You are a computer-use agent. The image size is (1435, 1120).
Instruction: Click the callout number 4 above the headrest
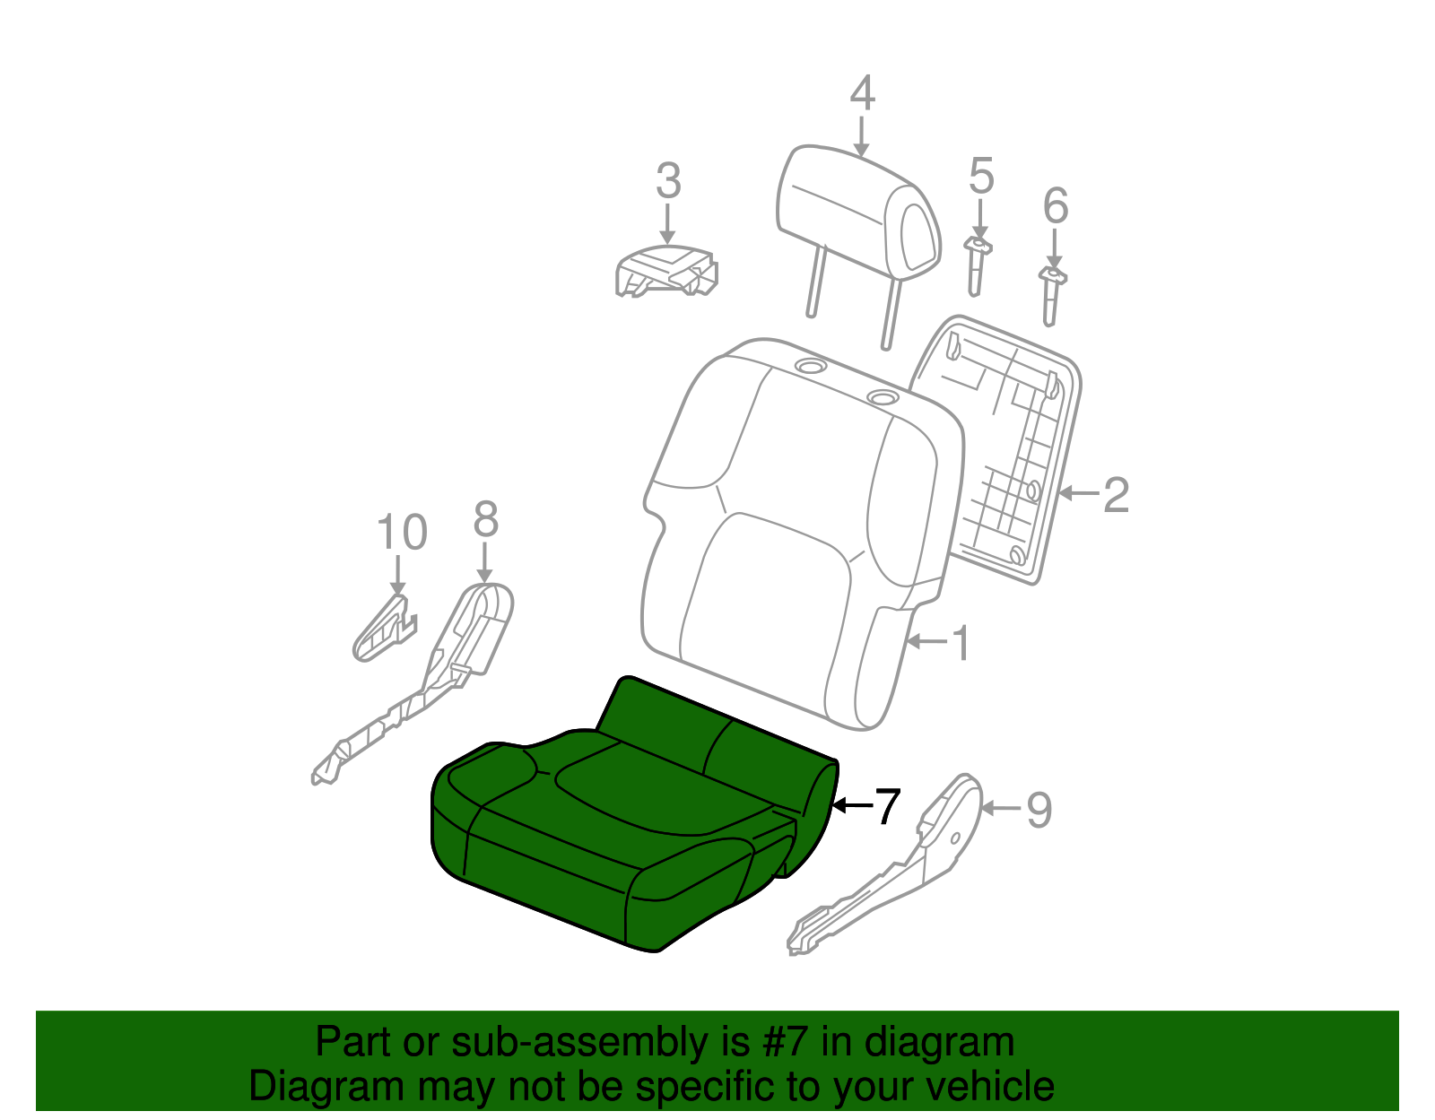pyautogui.click(x=861, y=94)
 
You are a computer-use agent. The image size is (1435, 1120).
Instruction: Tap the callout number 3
pyautogui.click(x=668, y=181)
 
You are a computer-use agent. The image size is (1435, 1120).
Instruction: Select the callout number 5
pyautogui.click(x=981, y=176)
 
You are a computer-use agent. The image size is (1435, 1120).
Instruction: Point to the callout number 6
pyautogui.click(x=1056, y=206)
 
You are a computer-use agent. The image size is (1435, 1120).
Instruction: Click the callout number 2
pyautogui.click(x=1115, y=494)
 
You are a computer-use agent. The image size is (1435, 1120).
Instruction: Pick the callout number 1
pyautogui.click(x=961, y=643)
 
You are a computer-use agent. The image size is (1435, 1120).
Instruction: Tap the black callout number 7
pyautogui.click(x=886, y=806)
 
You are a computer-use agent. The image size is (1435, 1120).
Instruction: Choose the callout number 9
pyautogui.click(x=1039, y=810)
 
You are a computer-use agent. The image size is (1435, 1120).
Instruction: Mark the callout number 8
pyautogui.click(x=485, y=520)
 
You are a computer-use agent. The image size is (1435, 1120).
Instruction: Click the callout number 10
pyautogui.click(x=401, y=533)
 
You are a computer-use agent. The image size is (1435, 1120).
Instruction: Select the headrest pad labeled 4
pyautogui.click(x=857, y=215)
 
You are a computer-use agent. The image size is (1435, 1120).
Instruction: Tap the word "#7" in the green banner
pyautogui.click(x=788, y=1043)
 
